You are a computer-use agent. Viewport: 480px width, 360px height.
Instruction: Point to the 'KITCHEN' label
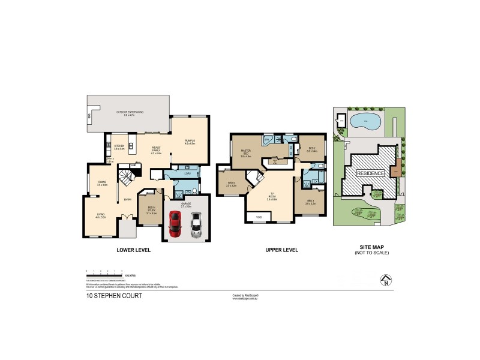pos(119,146)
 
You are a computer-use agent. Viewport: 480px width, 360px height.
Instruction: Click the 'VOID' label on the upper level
pos(259,217)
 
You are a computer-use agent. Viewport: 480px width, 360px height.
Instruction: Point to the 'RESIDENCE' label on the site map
pos(371,173)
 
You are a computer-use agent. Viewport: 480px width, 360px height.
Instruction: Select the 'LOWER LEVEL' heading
pos(133,250)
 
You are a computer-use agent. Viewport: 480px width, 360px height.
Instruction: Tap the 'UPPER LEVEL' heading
pos(281,250)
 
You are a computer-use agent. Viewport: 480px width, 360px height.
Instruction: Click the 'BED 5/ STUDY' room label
pos(151,210)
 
